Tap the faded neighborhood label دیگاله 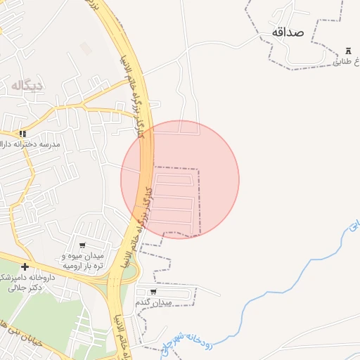(27, 85)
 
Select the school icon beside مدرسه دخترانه (23, 134)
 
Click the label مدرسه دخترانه (51, 144)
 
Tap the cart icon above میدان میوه (83, 245)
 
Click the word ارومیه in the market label (75, 266)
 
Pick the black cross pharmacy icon (25, 266)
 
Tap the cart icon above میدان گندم (153, 291)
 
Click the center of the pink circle (180, 179)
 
